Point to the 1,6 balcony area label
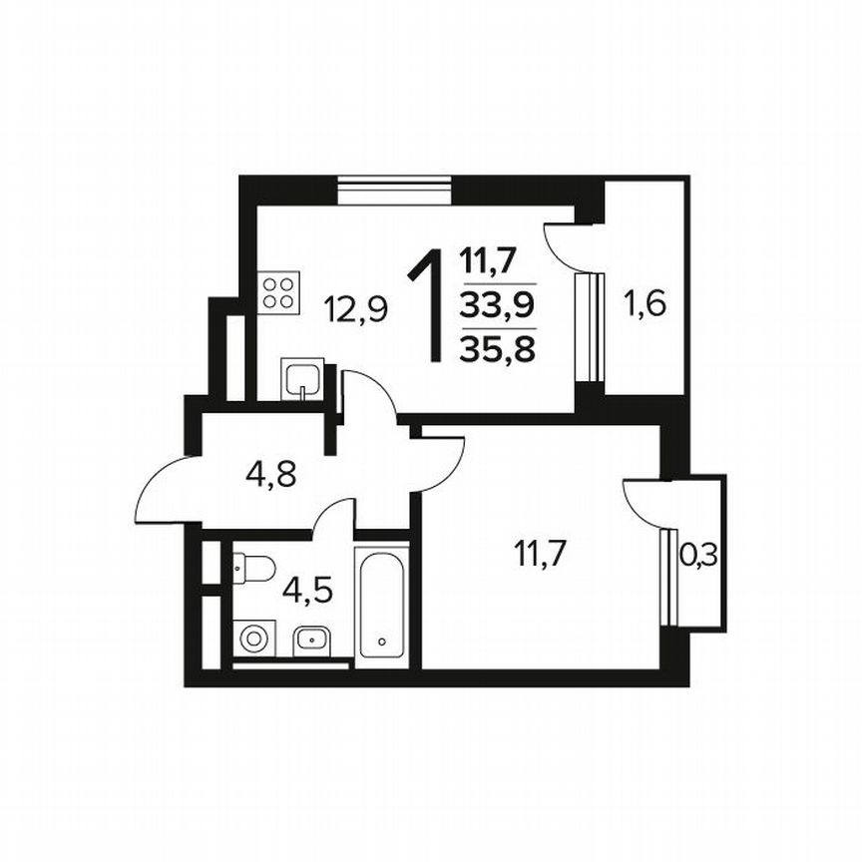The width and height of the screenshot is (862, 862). coord(644,302)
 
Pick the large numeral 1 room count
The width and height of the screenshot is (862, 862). coord(427,307)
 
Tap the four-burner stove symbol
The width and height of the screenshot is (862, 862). coord(279,291)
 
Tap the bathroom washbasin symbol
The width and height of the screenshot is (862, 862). coord(311,638)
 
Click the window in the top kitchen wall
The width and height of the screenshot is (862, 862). coord(394,189)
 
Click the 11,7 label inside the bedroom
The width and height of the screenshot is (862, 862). coord(540,551)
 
